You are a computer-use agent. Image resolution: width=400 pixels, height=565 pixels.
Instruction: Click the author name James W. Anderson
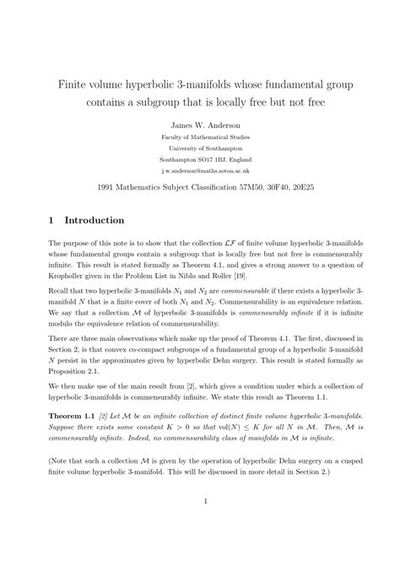pos(200,124)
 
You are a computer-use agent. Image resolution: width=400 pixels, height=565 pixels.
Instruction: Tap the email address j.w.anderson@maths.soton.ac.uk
pos(200,169)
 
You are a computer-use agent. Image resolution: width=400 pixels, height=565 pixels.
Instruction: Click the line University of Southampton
pos(200,148)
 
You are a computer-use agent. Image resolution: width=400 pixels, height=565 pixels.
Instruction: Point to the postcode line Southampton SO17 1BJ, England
pos(200,158)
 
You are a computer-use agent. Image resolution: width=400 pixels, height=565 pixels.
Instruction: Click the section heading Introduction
pos(95,221)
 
